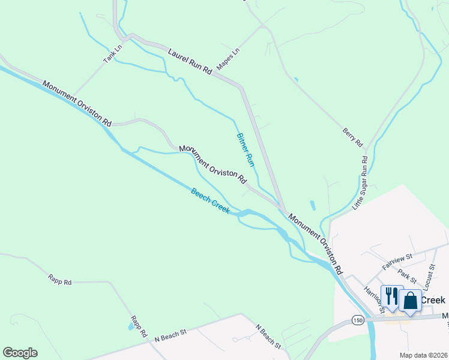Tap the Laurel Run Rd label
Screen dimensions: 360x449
(190, 62)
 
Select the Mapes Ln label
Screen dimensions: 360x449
(228, 59)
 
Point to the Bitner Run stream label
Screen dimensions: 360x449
(246, 149)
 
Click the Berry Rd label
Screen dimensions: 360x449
(354, 137)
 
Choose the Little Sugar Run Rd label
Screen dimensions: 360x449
(360, 182)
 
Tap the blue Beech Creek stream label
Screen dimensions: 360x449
(210, 201)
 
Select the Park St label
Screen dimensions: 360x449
(407, 277)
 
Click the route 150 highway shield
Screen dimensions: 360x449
(358, 320)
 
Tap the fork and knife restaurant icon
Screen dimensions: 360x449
(391, 296)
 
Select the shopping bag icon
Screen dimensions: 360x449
(411, 299)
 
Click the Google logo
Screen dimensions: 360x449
(20, 353)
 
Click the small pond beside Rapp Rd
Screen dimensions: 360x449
(130, 327)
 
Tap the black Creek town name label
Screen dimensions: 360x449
(433, 300)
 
